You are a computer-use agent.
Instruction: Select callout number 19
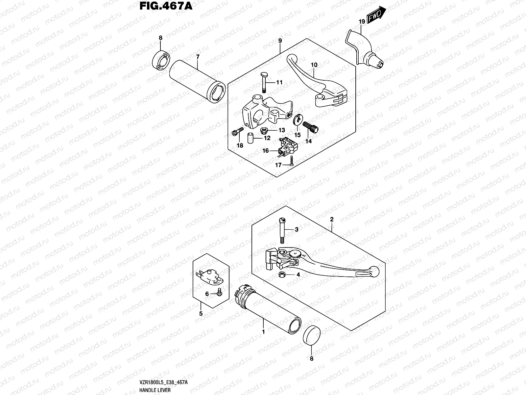pos(362,22)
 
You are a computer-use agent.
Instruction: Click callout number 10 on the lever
pos(314,65)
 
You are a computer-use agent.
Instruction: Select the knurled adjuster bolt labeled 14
pos(311,127)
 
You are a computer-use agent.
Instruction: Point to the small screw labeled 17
pos(291,161)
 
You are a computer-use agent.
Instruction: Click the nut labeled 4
pos(281,275)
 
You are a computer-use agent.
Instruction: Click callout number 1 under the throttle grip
pos(263,332)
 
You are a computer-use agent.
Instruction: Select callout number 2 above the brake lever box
pos(332,219)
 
